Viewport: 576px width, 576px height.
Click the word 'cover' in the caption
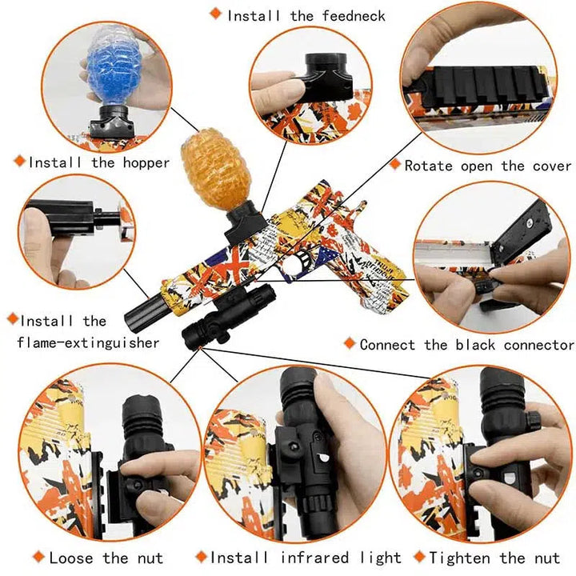[x=552, y=166]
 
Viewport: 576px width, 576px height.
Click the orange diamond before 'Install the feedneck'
[x=215, y=14]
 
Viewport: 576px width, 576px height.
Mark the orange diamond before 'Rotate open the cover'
[x=395, y=164]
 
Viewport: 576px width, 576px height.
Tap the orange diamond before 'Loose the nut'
[x=38, y=556]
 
